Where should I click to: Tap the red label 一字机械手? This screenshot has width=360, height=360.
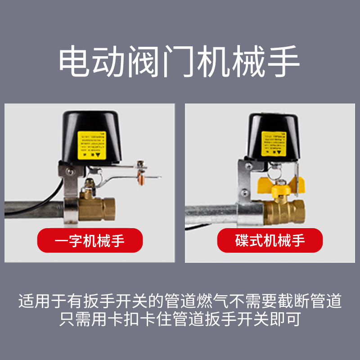coord(90,240)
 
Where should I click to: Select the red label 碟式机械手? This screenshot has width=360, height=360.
coord(270,240)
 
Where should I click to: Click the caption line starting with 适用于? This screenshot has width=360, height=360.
coord(180,300)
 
